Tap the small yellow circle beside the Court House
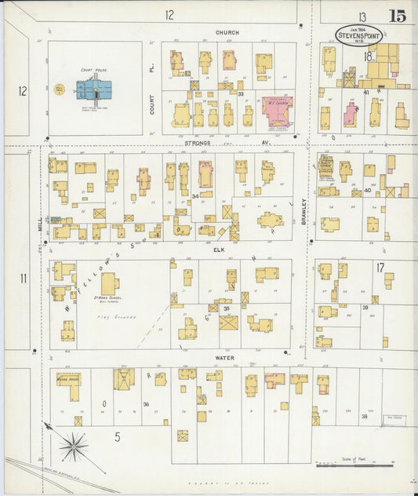coord(58,90)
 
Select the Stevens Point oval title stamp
coord(359,35)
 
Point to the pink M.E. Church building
coord(277,111)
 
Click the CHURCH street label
coord(227,32)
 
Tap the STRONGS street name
coord(199,143)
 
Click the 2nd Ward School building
coord(109,283)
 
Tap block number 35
coord(227,308)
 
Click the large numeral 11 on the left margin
coord(24,279)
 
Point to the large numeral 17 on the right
coord(380,268)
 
